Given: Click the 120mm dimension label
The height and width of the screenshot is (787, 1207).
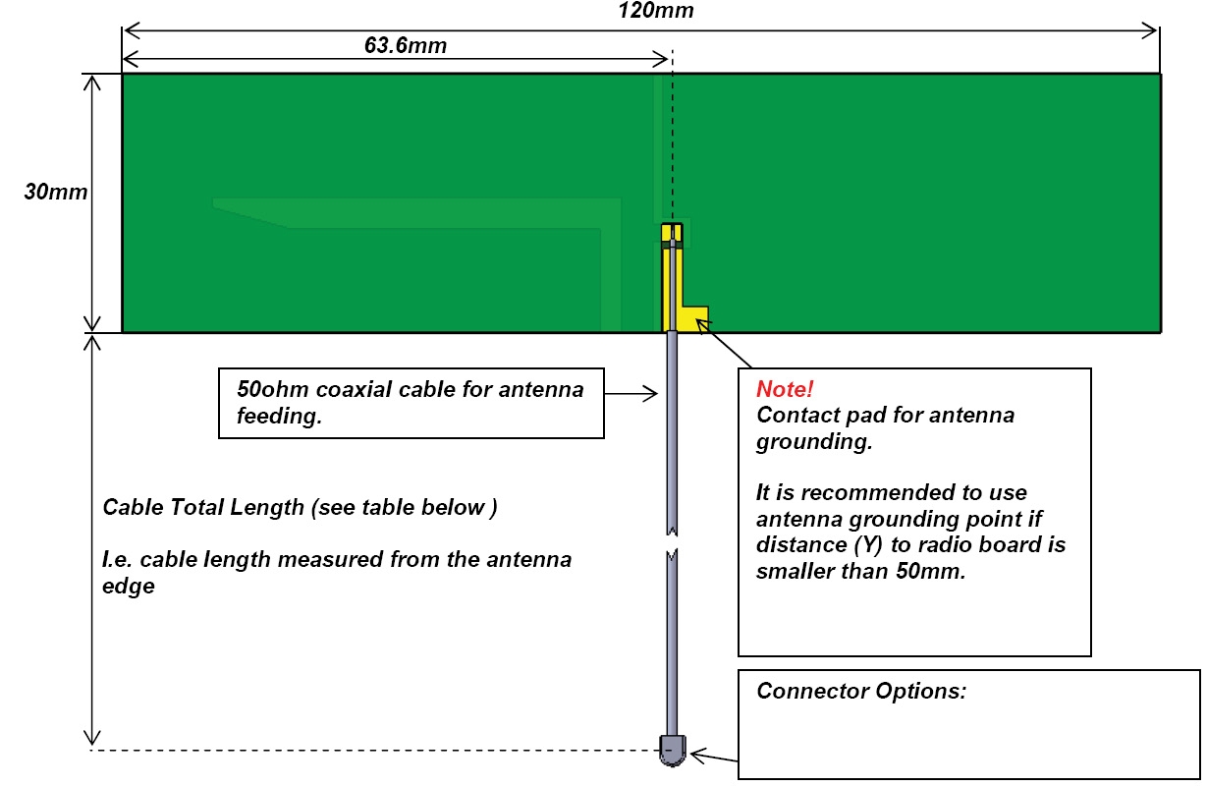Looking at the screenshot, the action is (x=656, y=10).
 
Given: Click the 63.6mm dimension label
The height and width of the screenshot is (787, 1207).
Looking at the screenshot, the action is (x=406, y=45).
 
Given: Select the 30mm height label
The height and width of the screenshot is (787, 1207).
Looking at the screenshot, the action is (x=56, y=192).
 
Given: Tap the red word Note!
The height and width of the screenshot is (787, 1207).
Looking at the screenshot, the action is (x=785, y=389).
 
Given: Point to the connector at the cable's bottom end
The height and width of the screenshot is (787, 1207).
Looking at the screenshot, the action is (x=673, y=750).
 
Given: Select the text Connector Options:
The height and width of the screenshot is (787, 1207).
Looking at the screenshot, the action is (x=861, y=691).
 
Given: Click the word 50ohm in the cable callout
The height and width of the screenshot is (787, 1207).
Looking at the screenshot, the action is (x=272, y=389).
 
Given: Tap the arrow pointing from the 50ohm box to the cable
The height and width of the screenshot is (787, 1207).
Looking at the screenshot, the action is (x=631, y=394).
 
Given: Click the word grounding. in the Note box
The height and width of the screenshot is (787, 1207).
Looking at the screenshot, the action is (x=814, y=442).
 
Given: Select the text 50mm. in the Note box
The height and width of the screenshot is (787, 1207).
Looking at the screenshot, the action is (x=931, y=571).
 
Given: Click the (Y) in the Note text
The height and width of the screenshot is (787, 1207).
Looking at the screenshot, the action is (x=868, y=545).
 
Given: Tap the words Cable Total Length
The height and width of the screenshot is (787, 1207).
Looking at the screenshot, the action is (x=203, y=507).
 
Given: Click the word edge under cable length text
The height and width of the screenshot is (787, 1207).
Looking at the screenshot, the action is (x=129, y=587).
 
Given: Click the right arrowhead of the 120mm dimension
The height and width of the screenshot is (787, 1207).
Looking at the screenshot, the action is (x=1150, y=30).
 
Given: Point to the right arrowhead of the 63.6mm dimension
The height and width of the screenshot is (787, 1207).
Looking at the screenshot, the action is (x=661, y=59).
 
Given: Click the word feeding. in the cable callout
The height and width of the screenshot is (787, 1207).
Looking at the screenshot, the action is (x=279, y=417).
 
